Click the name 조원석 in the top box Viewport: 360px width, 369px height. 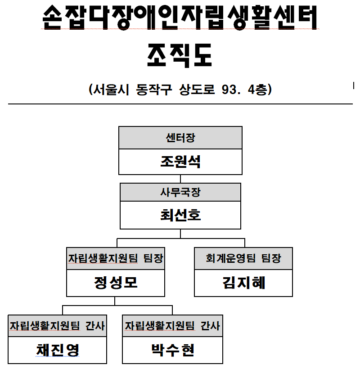(x=180, y=162)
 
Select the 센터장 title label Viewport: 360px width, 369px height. (x=180, y=138)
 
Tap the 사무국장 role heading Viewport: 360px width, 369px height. (x=180, y=192)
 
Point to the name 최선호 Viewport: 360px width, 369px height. (x=180, y=215)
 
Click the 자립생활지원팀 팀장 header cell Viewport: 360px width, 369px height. (x=116, y=258)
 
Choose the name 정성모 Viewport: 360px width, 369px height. (x=116, y=283)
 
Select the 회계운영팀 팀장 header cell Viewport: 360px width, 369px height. (x=243, y=258)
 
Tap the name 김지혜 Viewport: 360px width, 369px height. (x=243, y=283)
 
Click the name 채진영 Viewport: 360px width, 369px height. (x=58, y=350)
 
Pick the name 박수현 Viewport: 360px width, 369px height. (x=173, y=350)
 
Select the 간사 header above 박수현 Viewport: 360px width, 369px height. (x=210, y=326)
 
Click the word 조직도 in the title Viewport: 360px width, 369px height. (x=180, y=56)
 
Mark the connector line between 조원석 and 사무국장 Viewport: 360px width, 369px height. (x=180, y=179)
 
